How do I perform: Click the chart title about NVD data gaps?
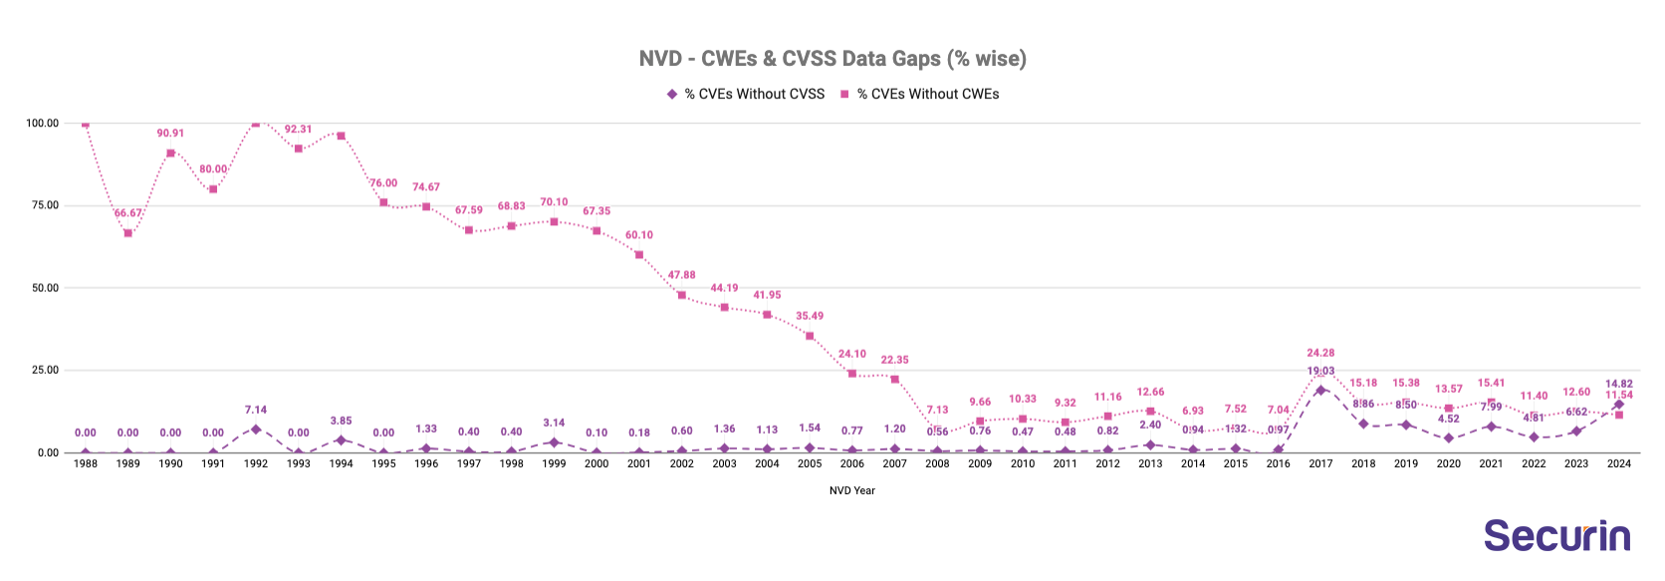[832, 59]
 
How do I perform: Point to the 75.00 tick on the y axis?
[43, 205]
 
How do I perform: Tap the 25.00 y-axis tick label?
[43, 370]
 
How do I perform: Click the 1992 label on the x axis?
[256, 463]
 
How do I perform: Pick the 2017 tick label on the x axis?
[1320, 463]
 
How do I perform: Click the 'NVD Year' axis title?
[852, 490]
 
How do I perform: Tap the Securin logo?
[1556, 535]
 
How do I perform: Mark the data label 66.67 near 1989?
[127, 213]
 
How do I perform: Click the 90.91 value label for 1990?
[170, 133]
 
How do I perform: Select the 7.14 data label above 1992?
[256, 410]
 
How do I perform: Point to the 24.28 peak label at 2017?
[1320, 353]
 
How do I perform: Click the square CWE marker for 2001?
[639, 255]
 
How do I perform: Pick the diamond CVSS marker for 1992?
[256, 430]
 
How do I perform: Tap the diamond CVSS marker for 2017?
[1320, 390]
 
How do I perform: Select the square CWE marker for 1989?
[127, 233]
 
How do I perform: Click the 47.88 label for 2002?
[682, 275]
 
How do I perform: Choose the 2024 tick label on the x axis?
[1619, 463]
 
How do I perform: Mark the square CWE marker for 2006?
[852, 374]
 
